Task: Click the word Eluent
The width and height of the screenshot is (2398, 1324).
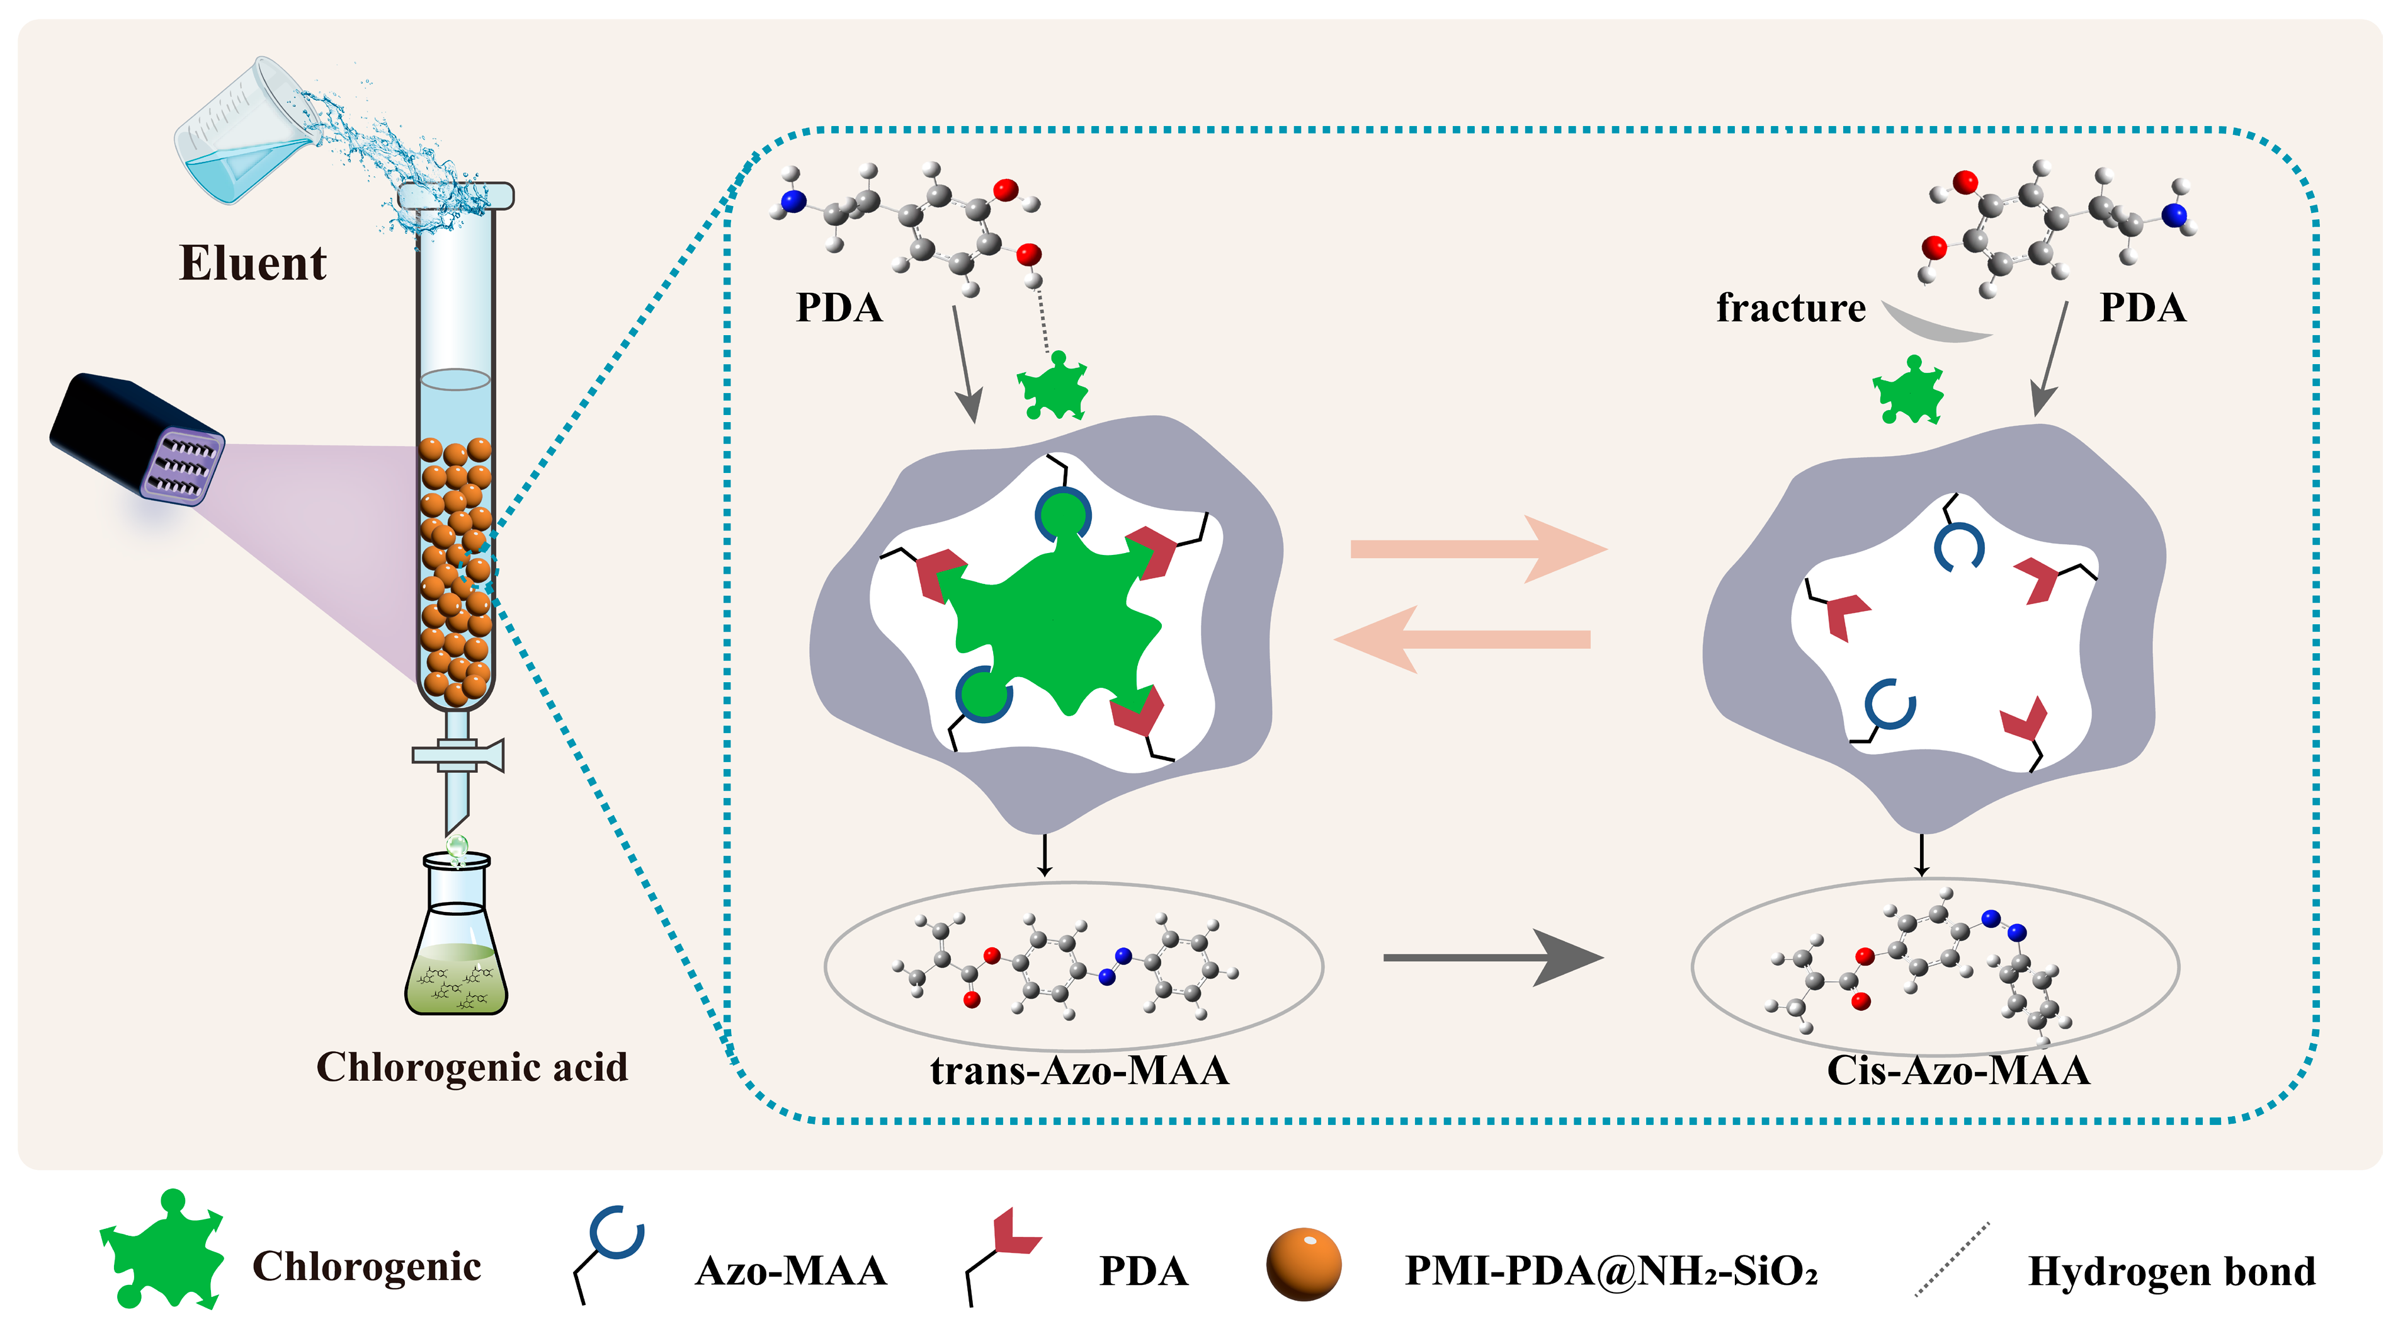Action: [x=253, y=263]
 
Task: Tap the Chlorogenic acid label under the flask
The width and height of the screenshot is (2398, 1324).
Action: [x=472, y=1067]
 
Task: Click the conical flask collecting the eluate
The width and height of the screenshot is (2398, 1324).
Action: [x=456, y=936]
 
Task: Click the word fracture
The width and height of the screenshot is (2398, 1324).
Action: [x=1791, y=307]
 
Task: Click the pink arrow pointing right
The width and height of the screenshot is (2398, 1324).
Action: [x=1479, y=549]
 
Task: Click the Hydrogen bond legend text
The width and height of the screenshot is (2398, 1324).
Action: [x=2171, y=1271]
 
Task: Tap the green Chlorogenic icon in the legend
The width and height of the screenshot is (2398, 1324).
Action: [x=164, y=1250]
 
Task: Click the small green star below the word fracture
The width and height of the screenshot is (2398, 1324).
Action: [x=1909, y=391]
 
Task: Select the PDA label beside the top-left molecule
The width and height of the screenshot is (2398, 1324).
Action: [x=839, y=308]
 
